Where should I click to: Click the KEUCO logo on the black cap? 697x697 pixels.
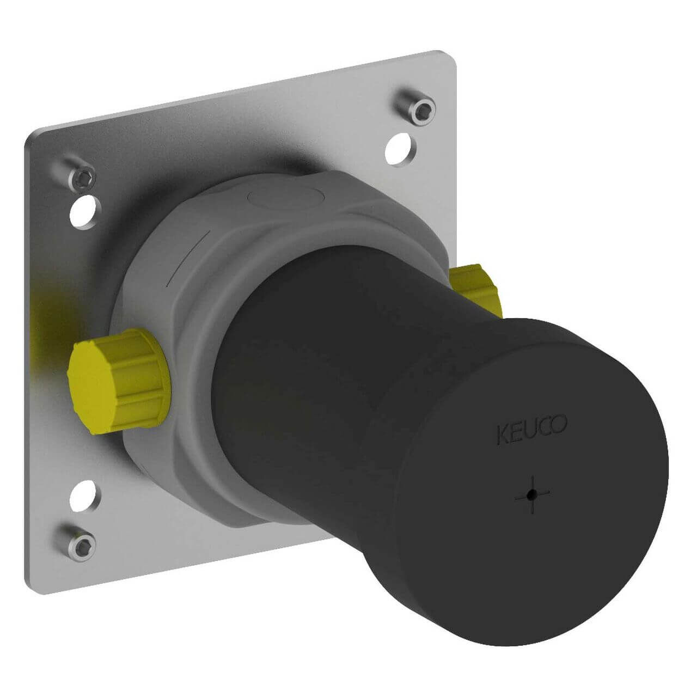(531, 430)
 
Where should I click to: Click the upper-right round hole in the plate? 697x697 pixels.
(400, 149)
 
